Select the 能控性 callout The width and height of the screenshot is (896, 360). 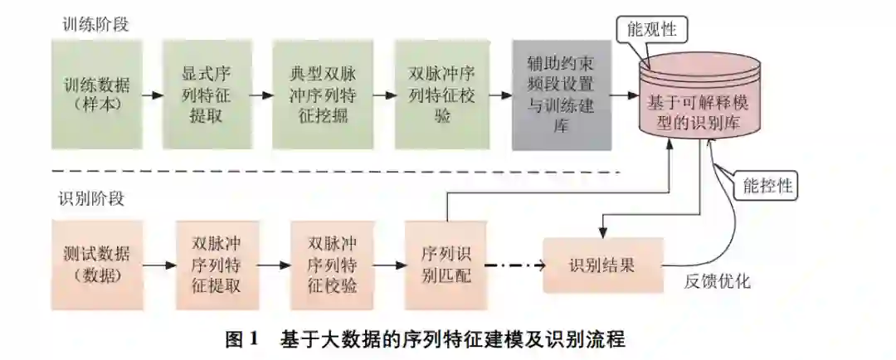[767, 186]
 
